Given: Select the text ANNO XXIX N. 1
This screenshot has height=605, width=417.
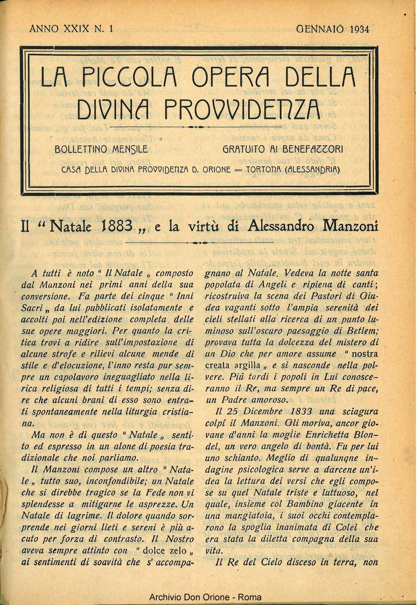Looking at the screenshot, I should (71, 29).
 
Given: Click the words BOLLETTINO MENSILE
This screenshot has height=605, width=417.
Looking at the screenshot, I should (101, 149).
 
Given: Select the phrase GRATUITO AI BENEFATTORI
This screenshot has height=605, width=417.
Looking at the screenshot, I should (282, 149).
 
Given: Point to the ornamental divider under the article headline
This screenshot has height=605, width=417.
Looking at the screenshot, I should (199, 243).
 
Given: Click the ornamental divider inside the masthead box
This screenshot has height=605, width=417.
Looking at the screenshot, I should (199, 127).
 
